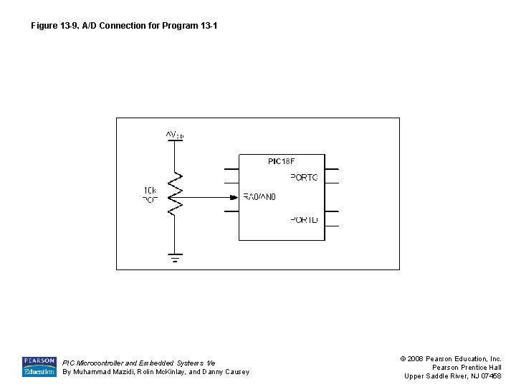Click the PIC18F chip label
click(x=281, y=161)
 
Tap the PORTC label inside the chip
click(x=304, y=177)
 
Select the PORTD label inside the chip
click(x=304, y=219)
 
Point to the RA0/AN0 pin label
click(x=259, y=197)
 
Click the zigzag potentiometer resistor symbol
click(x=175, y=194)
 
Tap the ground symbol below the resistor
click(x=175, y=257)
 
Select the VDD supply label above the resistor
click(x=175, y=134)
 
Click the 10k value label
click(x=150, y=190)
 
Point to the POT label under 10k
click(x=150, y=200)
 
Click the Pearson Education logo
click(x=39, y=366)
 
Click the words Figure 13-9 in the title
click(x=54, y=26)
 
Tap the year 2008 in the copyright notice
click(x=416, y=358)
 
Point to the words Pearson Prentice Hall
click(x=466, y=367)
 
